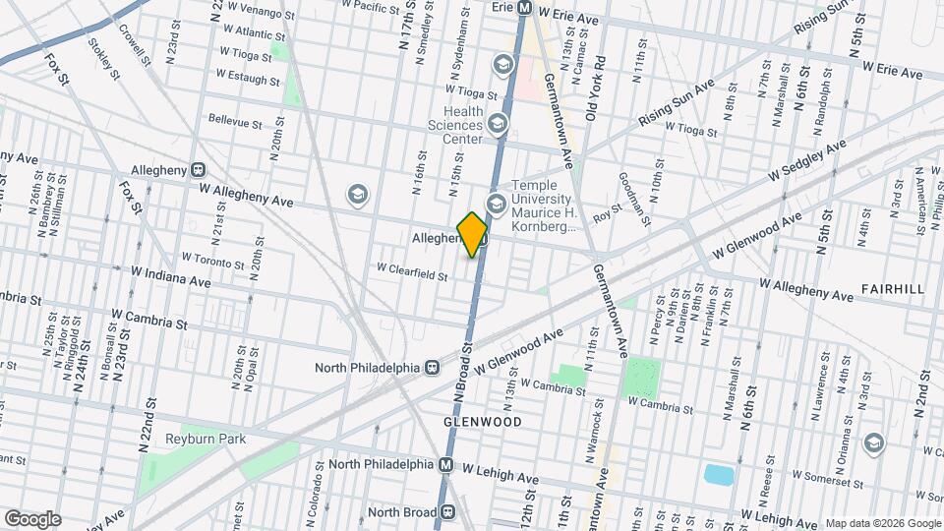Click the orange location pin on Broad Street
point(473,234)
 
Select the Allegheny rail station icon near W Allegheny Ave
point(198,170)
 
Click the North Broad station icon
point(448,511)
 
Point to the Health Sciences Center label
point(455,125)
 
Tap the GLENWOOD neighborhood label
point(482,421)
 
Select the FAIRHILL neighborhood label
point(892,289)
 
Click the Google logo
point(32,518)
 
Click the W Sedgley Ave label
point(807,160)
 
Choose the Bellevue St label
point(235,123)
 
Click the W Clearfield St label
point(413,267)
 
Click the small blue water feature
point(719,475)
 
